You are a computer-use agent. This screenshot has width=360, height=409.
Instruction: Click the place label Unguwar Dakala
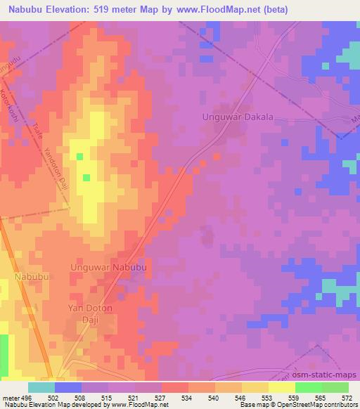click(x=236, y=117)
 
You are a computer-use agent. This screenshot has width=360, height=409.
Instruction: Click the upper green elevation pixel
click(x=79, y=156)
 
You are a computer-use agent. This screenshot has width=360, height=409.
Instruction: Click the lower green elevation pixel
click(x=86, y=177)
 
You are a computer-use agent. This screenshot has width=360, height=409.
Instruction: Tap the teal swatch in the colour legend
click(x=41, y=387)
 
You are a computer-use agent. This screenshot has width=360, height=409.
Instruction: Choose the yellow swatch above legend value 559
click(x=281, y=387)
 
